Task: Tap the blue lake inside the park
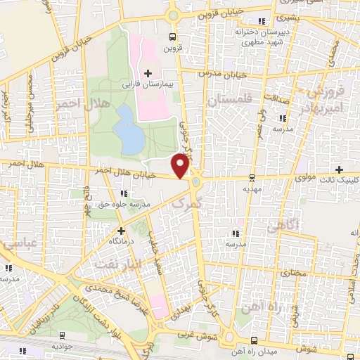point(129,129)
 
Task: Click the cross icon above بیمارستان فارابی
point(148,72)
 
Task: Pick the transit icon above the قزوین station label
point(172,37)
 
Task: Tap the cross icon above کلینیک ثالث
point(340,169)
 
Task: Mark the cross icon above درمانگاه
point(121,230)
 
